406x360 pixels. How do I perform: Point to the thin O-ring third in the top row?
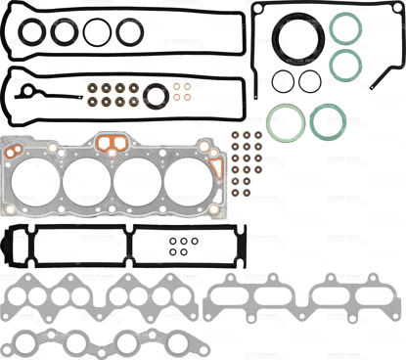point(97,32)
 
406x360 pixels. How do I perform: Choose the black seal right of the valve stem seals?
point(155,96)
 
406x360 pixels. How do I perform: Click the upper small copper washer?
point(181,87)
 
